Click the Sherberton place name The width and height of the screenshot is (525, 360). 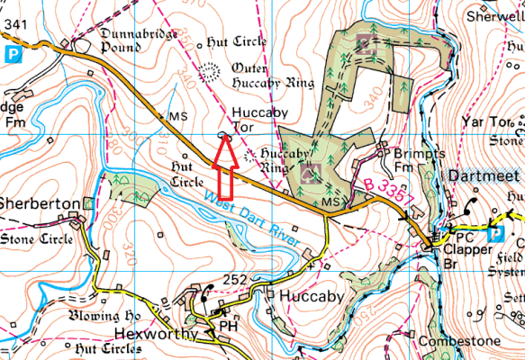click(41, 204)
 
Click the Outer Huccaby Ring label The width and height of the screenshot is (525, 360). click(272, 76)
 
